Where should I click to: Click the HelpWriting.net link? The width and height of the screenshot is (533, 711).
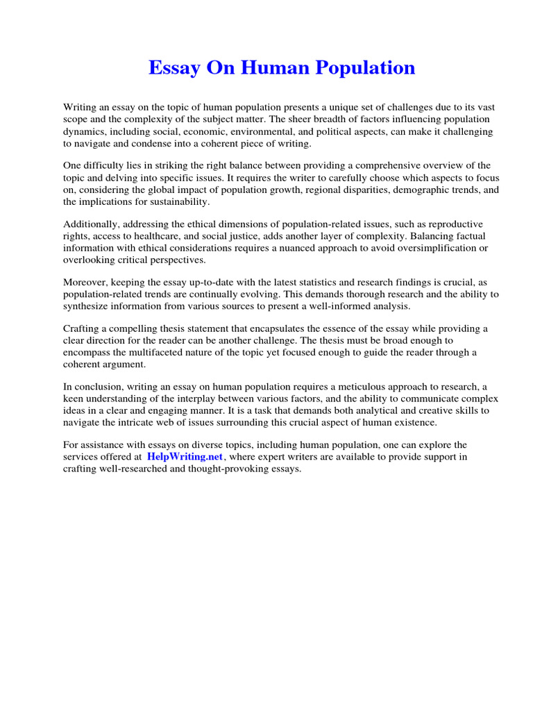coord(185,457)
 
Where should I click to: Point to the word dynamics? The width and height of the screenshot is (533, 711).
coord(85,131)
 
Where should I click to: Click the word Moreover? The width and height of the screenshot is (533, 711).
coord(87,283)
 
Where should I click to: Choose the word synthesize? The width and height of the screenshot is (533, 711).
coord(88,306)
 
